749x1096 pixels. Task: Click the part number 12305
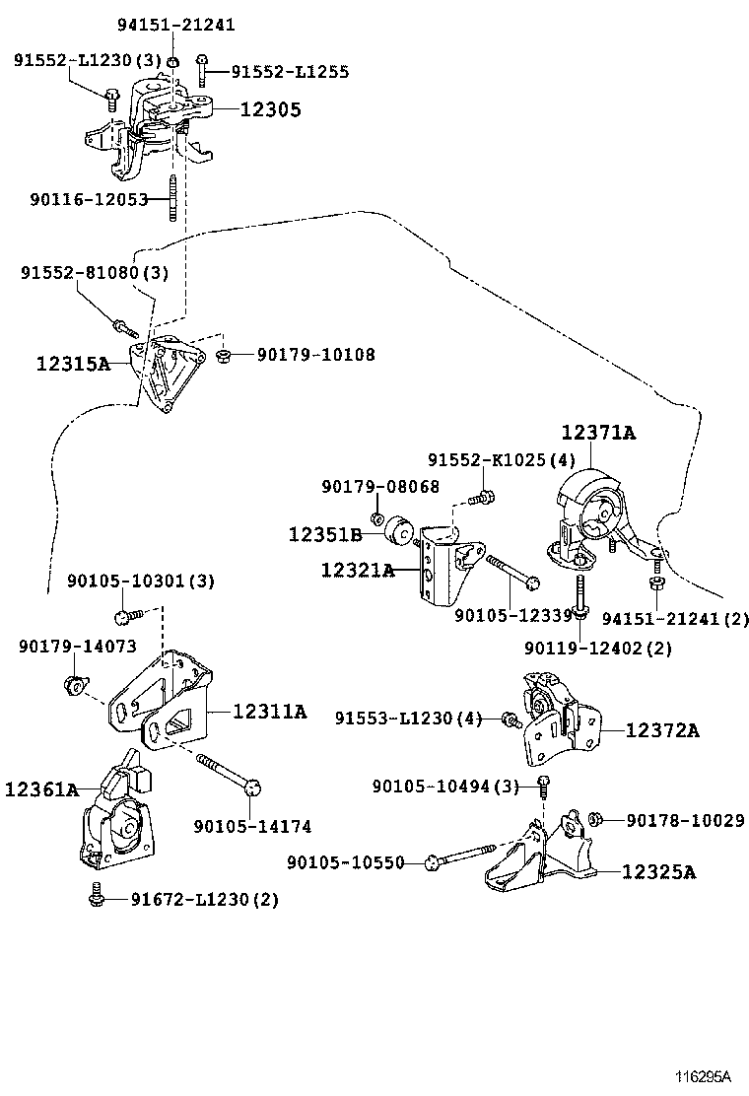tap(271, 110)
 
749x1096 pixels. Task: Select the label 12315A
tap(73, 363)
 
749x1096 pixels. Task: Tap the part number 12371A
tap(598, 433)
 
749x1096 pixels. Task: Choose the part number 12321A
tap(357, 569)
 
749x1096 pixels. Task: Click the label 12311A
tap(269, 711)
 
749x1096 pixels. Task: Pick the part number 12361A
tap(41, 788)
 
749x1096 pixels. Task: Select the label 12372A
tap(663, 730)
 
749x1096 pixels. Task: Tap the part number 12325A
tap(658, 872)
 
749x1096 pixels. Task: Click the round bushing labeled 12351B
tap(401, 530)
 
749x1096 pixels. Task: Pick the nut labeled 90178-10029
tap(595, 819)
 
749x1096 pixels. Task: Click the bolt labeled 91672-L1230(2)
tap(96, 897)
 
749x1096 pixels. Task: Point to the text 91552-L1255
tap(290, 72)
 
